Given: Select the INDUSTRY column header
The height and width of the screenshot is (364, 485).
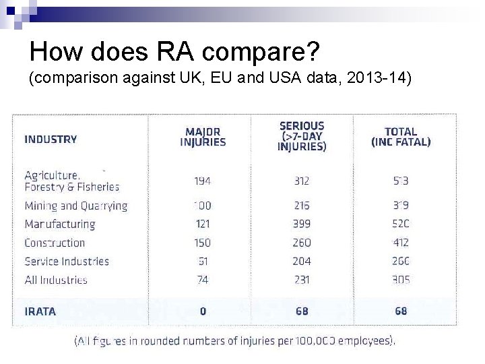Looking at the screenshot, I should point(51,140).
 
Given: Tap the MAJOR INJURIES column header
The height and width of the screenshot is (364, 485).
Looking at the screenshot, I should point(203,137).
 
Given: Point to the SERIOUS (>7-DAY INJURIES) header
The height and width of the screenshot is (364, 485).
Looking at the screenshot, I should point(302,136).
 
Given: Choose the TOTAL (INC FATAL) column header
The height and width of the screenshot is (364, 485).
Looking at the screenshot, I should point(401,137).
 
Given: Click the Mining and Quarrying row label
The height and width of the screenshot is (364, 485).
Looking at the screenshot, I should point(75,206).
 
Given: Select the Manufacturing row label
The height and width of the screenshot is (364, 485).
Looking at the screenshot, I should point(60,224).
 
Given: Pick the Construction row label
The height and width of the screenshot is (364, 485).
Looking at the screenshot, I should point(55,243).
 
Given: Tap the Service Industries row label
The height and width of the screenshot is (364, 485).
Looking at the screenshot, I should point(67,261).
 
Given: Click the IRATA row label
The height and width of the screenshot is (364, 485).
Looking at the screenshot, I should point(40,311).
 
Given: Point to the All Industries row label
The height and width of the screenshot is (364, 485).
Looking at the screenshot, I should point(56,280).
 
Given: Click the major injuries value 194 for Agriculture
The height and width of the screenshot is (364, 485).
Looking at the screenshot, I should point(202,181).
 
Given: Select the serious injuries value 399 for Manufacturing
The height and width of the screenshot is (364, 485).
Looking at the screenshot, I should point(302,224).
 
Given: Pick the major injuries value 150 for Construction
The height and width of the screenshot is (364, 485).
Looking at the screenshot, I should point(202,243).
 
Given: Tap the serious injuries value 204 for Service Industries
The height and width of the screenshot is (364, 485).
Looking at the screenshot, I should point(302,261).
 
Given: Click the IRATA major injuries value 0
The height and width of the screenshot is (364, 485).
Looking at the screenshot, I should point(203,311).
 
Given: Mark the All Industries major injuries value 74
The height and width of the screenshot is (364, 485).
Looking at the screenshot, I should point(202,280).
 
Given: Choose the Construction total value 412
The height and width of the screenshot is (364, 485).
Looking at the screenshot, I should point(401,243).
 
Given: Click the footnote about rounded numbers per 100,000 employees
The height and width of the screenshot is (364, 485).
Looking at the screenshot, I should point(234,341).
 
